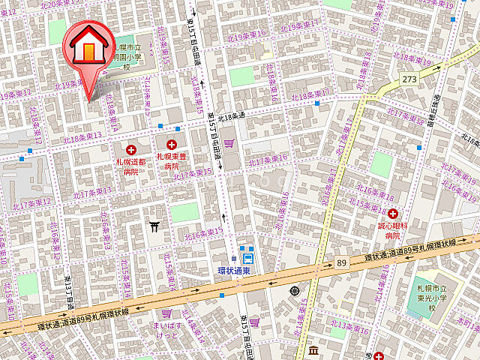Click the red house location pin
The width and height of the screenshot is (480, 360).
[88, 52]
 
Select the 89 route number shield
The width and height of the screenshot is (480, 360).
[342, 263]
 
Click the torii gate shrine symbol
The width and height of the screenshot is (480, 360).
[154, 224]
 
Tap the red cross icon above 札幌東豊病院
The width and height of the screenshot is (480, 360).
[172, 143]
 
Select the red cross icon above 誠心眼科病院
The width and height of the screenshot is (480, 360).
[392, 214]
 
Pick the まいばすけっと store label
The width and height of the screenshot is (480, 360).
[168, 331]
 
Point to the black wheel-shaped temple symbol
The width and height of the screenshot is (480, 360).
[293, 290]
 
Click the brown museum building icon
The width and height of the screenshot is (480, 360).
[313, 350]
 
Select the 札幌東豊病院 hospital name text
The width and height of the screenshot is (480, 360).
[172, 161]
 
